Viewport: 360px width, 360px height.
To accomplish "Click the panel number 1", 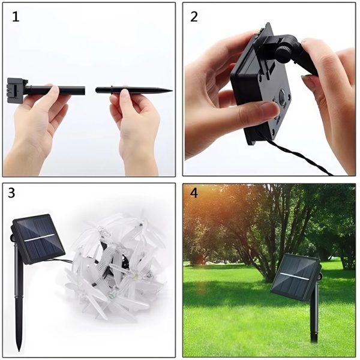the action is click(x=16, y=17).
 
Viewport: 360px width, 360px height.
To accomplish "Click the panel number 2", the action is click(x=194, y=17).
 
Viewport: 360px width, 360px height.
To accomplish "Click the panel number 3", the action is click(x=11, y=193).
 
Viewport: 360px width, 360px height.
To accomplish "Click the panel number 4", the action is click(x=194, y=193).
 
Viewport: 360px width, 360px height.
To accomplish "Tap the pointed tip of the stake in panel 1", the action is click(x=172, y=91).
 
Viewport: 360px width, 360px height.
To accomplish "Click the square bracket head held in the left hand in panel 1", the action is click(x=17, y=91).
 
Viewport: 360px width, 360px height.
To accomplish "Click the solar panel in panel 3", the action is click(x=38, y=239).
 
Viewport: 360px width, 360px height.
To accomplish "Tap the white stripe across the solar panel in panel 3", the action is click(x=40, y=238).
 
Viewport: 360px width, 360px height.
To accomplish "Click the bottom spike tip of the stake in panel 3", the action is click(x=19, y=351).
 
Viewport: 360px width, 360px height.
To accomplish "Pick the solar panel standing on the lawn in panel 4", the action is click(x=295, y=277).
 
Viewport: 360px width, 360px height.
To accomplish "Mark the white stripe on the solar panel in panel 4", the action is click(x=295, y=277).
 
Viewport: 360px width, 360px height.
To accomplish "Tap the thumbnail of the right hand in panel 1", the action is click(x=125, y=93).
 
